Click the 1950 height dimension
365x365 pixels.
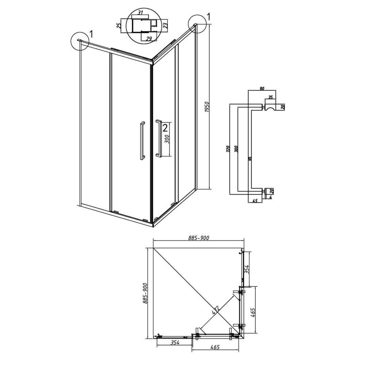(208, 106)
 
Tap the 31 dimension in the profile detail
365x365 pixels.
(140, 13)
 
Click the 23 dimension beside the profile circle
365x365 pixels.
(166, 25)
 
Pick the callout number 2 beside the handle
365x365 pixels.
(165, 128)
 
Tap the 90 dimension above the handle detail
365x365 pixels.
(262, 88)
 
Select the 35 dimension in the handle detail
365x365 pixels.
(270, 97)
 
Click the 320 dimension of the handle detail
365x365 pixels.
(228, 149)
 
